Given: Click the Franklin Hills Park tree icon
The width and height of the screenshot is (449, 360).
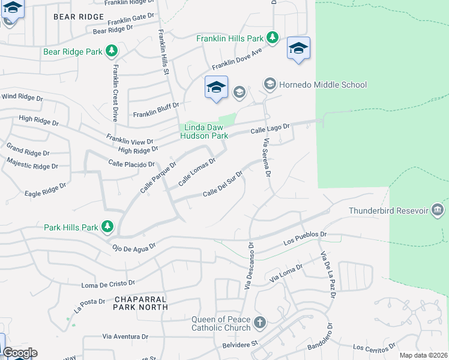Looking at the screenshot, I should pyautogui.click(x=273, y=38).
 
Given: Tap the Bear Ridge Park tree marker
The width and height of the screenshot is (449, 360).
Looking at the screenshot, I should pyautogui.click(x=111, y=52).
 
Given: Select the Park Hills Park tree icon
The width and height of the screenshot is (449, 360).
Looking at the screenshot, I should pyautogui.click(x=107, y=227).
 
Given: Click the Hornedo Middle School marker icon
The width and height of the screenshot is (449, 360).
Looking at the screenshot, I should pyautogui.click(x=270, y=85).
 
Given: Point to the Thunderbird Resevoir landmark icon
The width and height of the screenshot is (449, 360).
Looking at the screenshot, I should pyautogui.click(x=438, y=210).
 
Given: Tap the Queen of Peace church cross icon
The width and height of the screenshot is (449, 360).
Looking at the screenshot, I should pyautogui.click(x=259, y=323).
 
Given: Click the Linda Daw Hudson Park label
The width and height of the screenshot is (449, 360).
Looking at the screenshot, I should pyautogui.click(x=204, y=131).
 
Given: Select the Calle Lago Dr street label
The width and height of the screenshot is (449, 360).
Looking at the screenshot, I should pyautogui.click(x=270, y=128).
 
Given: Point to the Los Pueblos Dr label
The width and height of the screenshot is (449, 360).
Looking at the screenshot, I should pyautogui.click(x=305, y=238).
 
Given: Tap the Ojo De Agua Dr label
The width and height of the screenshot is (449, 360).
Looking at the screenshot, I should pyautogui.click(x=134, y=246).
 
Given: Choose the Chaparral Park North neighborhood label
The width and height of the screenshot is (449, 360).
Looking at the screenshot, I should pyautogui.click(x=140, y=303).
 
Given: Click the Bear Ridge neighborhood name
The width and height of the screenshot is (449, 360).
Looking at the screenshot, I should pyautogui.click(x=79, y=17).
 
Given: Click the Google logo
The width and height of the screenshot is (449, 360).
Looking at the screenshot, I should pyautogui.click(x=20, y=353).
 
